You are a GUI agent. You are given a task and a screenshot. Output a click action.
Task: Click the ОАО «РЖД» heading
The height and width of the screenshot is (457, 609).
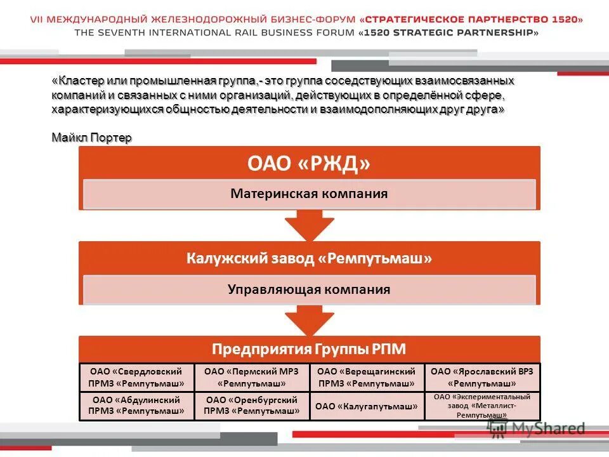[x=309, y=164]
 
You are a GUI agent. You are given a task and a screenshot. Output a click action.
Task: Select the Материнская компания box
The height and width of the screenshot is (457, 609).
[x=309, y=194]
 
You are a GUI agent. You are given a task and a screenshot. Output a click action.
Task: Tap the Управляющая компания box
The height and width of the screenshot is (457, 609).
[x=309, y=289]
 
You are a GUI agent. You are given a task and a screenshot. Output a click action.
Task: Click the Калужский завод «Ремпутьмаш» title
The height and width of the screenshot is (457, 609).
[x=309, y=258]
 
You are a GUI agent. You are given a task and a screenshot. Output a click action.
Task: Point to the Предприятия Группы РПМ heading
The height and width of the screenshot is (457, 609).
[x=309, y=349]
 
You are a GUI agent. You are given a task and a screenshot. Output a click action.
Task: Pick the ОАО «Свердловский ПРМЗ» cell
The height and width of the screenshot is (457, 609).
[x=136, y=378]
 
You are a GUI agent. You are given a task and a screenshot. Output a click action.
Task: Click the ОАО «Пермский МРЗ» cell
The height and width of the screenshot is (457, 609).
[x=251, y=378]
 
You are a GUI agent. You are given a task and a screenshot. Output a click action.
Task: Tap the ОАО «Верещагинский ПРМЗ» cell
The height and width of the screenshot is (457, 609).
[x=366, y=378]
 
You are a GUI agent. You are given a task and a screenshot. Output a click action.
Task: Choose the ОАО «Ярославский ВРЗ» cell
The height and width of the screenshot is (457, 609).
[x=481, y=378]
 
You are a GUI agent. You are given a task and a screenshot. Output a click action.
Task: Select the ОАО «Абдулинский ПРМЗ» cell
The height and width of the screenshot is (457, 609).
[x=136, y=406]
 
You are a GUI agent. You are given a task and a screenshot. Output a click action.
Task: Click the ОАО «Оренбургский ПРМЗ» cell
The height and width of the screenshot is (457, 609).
[x=251, y=406]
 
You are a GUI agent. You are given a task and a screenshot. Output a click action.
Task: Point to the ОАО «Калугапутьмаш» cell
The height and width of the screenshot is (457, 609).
[x=366, y=406]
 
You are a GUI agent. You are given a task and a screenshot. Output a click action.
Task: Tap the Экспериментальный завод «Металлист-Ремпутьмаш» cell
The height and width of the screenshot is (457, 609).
[x=481, y=406]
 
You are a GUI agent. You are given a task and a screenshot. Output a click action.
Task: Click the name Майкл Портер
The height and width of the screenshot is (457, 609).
[x=92, y=138]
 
